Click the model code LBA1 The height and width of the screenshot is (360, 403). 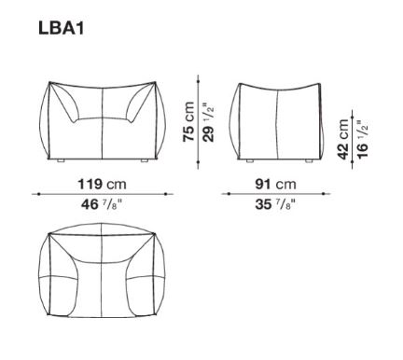[62, 29]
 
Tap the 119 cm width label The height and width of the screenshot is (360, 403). [102, 184]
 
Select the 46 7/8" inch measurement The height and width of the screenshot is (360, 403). [102, 204]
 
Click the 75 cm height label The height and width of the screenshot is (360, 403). [188, 122]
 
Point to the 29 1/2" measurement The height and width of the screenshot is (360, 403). [209, 122]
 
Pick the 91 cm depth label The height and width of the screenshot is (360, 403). [275, 184]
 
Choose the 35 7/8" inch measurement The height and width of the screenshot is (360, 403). [275, 204]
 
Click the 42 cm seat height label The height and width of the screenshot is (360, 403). [343, 139]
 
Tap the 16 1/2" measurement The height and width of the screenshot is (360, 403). [363, 139]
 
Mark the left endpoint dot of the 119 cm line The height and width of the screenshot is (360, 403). [38, 194]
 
